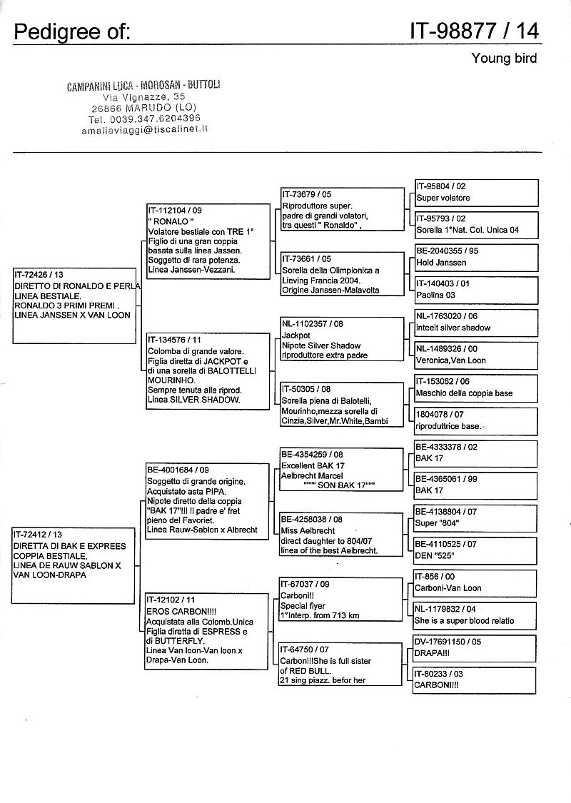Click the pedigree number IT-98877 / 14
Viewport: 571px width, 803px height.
pos(474,31)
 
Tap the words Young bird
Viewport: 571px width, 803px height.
pos(504,59)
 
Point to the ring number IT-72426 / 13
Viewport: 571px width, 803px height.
pos(40,275)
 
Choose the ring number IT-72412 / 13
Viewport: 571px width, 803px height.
pos(40,535)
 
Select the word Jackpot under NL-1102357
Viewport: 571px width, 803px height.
pos(296,335)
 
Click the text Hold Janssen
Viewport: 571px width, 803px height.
pos(441,263)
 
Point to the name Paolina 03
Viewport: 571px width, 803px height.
pos(435,295)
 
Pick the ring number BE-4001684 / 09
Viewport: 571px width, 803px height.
pos(179,470)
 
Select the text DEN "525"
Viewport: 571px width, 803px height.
pos(435,555)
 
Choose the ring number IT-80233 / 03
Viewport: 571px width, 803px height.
pos(439,673)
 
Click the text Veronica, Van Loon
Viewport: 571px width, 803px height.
pos(451,360)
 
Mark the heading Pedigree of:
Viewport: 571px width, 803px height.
pos(71,31)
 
